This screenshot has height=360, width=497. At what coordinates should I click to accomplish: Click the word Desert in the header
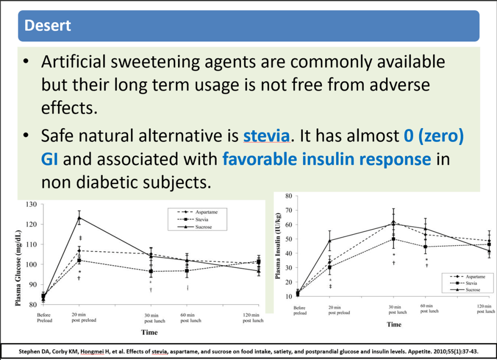click(48, 25)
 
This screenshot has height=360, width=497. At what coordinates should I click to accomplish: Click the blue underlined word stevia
click(266, 137)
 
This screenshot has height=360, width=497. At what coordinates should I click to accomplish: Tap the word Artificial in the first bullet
click(72, 62)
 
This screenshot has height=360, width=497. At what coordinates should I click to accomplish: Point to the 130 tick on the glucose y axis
click(32, 204)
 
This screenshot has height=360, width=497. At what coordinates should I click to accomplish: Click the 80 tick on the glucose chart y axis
click(33, 305)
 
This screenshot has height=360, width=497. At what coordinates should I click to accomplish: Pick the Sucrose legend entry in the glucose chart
click(204, 227)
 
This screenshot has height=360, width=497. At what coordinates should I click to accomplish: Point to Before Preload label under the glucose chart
click(44, 318)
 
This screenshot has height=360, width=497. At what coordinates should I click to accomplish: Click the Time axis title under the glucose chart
click(149, 332)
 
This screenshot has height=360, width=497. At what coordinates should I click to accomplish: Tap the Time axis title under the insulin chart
click(394, 323)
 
